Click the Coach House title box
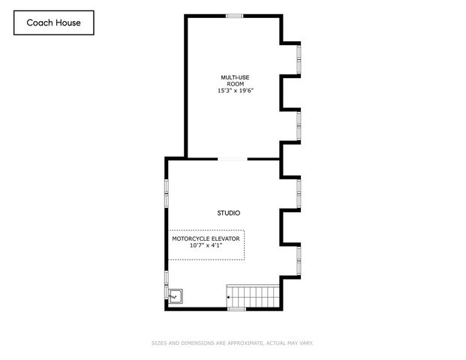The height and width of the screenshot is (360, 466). (x=54, y=22)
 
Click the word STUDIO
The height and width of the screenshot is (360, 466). (x=229, y=213)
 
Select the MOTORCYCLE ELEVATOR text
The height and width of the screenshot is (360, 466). (x=206, y=238)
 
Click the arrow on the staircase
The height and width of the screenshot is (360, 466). (x=230, y=297)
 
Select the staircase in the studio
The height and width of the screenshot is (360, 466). (x=253, y=296)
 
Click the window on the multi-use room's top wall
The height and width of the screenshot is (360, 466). (x=235, y=16)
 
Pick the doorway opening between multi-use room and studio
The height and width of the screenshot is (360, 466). (x=232, y=158)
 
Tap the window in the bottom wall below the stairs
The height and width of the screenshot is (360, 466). (x=236, y=308)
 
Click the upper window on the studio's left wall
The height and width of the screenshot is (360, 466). (x=167, y=191)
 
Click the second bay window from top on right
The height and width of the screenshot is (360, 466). (x=299, y=125)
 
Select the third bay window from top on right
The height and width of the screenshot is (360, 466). (x=299, y=193)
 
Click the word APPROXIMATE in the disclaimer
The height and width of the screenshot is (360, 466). (x=238, y=343)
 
